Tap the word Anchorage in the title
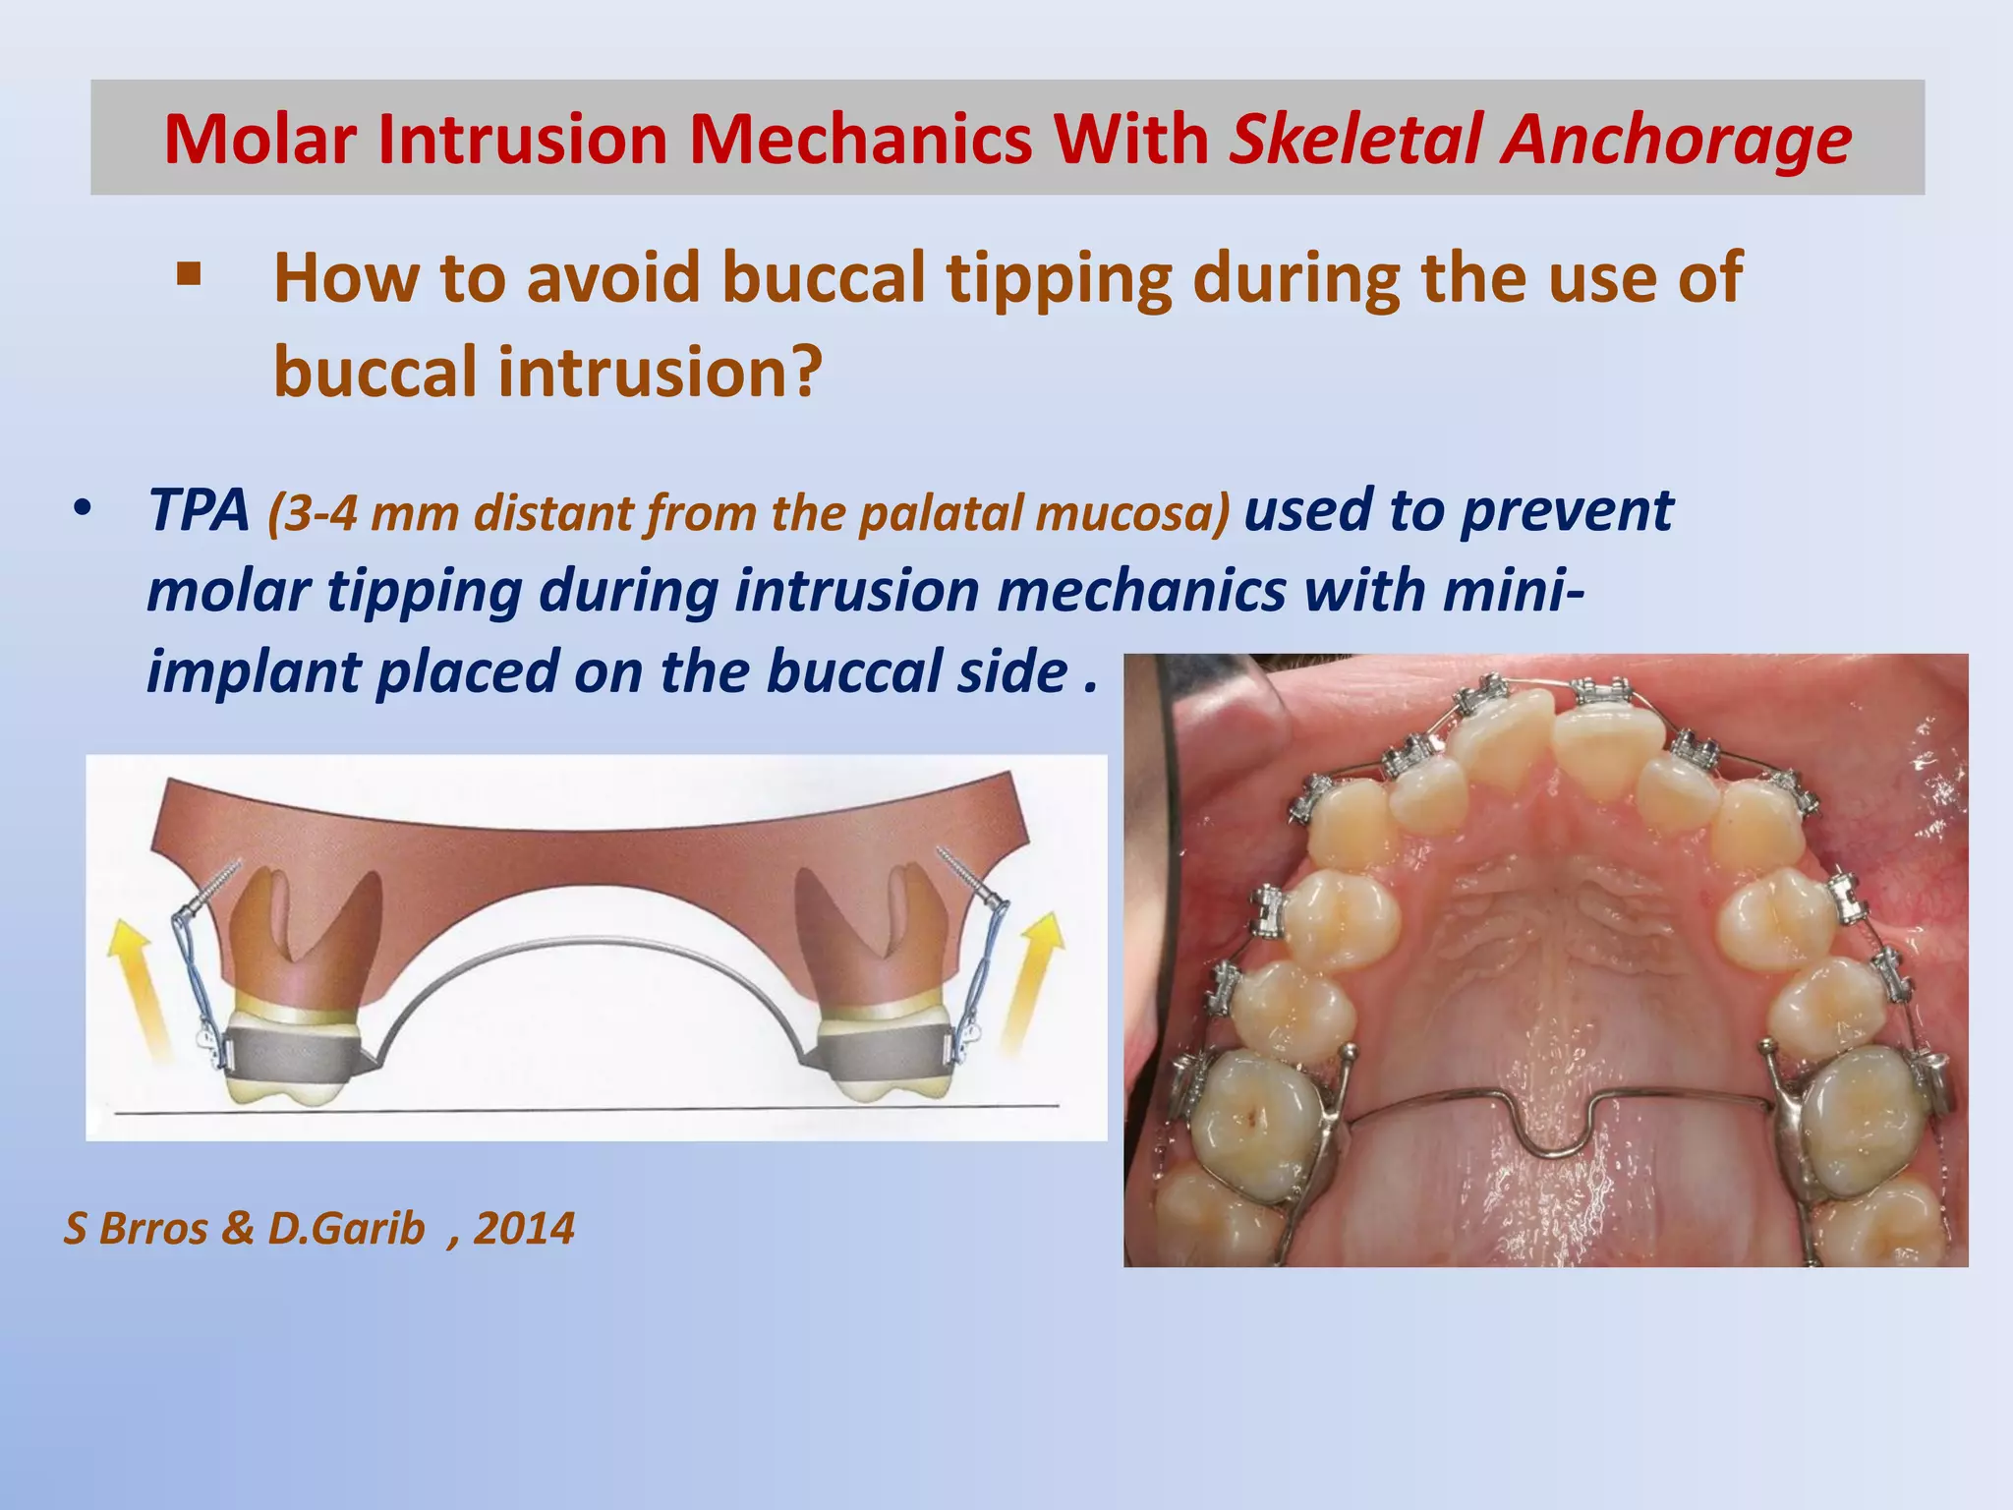click(x=1676, y=141)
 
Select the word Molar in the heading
click(x=259, y=139)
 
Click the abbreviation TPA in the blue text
click(x=200, y=510)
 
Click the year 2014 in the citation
click(x=523, y=1229)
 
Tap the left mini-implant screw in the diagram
click(x=214, y=886)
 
